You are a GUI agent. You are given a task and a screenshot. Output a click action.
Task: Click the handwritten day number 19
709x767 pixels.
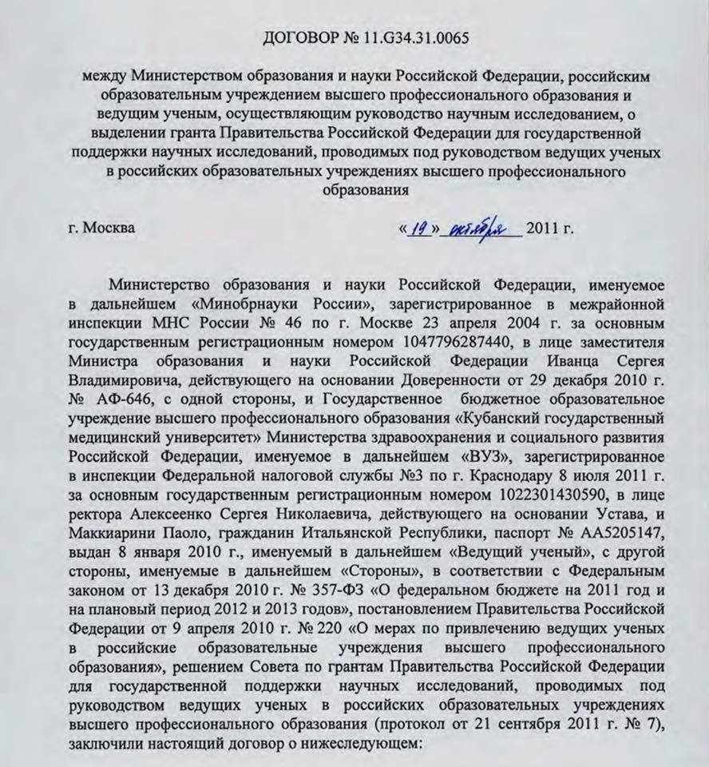(x=416, y=229)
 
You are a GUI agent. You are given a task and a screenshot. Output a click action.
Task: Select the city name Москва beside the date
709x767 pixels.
(x=109, y=228)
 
